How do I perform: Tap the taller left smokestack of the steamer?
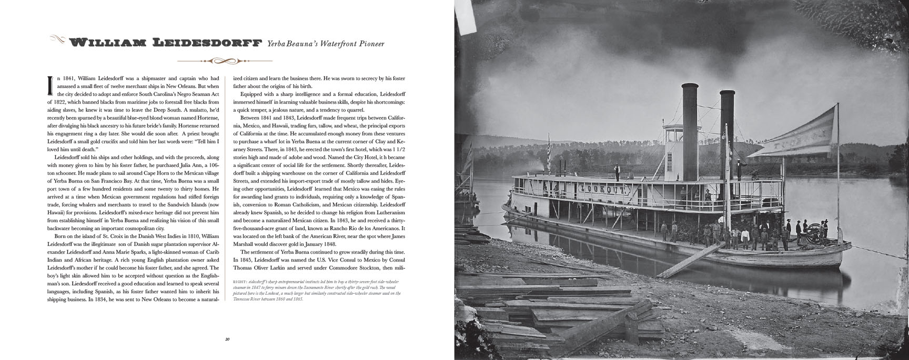click(689, 126)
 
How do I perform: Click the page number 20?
click(227, 339)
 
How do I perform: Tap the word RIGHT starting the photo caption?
click(240, 282)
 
